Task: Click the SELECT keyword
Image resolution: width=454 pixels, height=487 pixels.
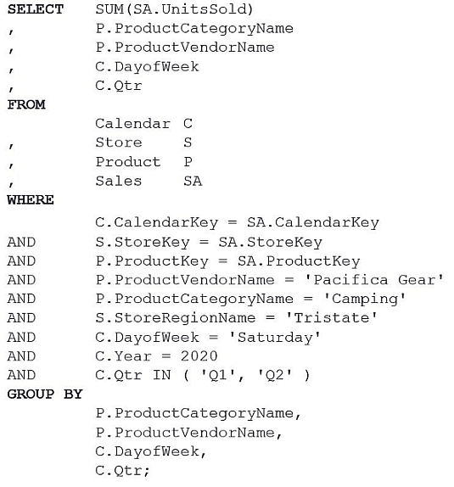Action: [x=36, y=9]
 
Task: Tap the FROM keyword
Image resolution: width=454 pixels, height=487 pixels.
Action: [x=26, y=104]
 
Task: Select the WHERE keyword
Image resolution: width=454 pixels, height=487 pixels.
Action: [x=31, y=200]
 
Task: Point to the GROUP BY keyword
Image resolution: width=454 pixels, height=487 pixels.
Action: [x=45, y=395]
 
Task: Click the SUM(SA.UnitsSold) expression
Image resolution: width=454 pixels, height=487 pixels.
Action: [x=174, y=9]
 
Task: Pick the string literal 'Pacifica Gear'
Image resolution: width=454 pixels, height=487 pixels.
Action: [x=374, y=280]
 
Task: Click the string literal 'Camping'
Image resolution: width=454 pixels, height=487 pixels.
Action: [x=365, y=299]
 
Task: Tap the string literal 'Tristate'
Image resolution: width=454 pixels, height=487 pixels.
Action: [x=331, y=318]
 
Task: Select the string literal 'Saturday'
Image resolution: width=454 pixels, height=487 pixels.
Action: [x=274, y=338]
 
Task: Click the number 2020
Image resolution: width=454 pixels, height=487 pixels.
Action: [x=199, y=356]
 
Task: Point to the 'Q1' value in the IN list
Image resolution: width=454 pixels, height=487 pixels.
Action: [x=217, y=375]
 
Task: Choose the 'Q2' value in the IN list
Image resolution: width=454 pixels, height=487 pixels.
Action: [x=275, y=375]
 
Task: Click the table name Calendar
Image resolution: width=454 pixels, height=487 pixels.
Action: [x=132, y=124]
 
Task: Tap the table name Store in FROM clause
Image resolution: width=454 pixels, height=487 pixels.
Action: [x=119, y=143]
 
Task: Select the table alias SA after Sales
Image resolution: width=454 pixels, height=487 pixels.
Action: [x=193, y=181]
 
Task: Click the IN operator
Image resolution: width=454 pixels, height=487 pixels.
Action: [x=161, y=375]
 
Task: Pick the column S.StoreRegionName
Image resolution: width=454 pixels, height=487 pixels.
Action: [x=176, y=318]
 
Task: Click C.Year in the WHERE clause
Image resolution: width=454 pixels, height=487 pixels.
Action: [x=123, y=356]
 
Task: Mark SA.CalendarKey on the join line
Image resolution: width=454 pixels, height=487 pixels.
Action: [x=313, y=222]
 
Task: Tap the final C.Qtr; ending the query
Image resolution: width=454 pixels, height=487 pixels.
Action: [x=122, y=471]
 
